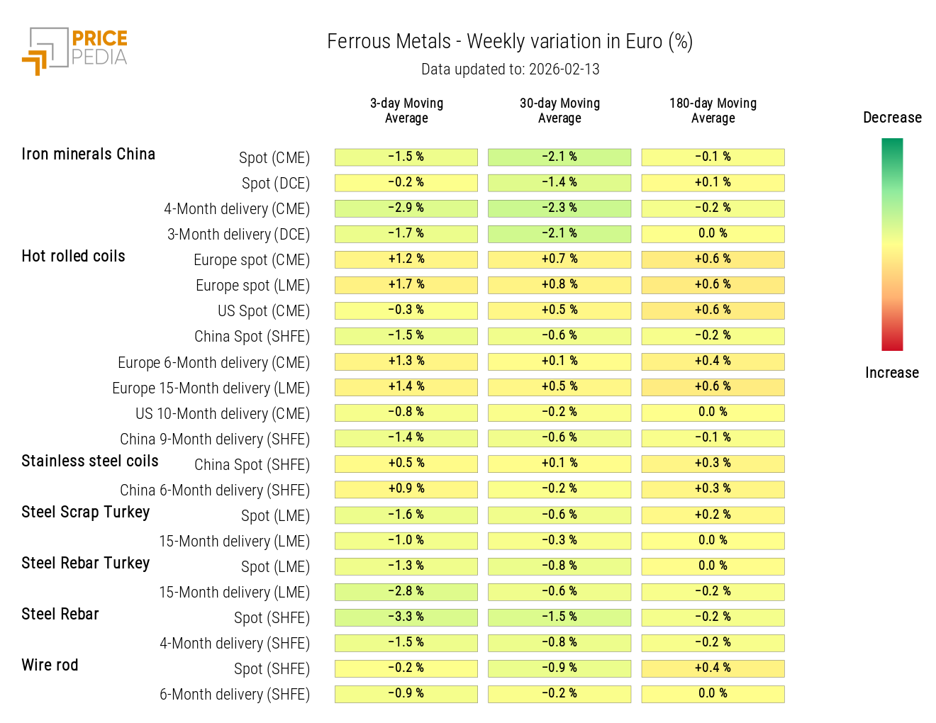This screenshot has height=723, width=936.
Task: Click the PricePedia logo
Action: (75, 50)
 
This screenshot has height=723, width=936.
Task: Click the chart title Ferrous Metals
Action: (389, 42)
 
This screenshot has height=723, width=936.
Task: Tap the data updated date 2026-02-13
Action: (564, 69)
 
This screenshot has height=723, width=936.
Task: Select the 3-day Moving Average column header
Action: (406, 111)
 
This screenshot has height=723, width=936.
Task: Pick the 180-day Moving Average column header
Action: (713, 111)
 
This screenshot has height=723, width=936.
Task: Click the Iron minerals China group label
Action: (88, 155)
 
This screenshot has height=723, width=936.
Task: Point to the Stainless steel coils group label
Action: (90, 461)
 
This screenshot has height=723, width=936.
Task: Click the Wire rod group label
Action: (50, 666)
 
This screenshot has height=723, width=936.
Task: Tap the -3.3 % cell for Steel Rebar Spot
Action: (406, 617)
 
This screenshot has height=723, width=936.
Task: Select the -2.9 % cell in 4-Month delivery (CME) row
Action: (406, 208)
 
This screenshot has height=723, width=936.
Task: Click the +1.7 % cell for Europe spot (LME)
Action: (406, 285)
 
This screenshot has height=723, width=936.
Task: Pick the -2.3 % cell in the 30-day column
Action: (559, 208)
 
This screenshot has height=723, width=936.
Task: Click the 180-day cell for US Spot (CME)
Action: (713, 310)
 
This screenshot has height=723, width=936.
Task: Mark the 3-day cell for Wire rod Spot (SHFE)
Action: (406, 668)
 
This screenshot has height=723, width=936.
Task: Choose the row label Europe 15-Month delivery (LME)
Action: (211, 388)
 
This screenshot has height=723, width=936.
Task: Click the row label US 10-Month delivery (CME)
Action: (223, 414)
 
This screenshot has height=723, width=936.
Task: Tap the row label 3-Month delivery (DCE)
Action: (238, 235)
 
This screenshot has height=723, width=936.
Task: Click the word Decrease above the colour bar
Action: (892, 118)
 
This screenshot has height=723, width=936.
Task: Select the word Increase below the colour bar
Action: (891, 373)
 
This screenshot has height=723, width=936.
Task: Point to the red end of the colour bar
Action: (892, 344)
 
